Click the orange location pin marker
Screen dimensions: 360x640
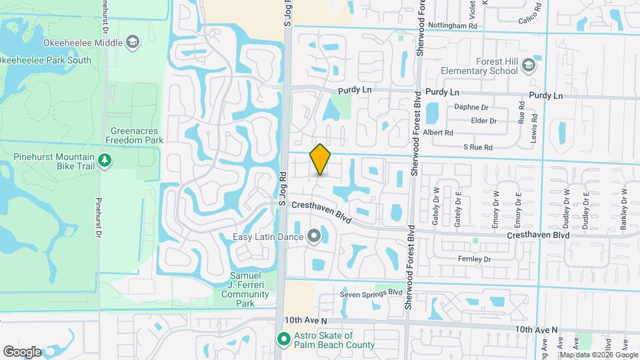click(321, 159)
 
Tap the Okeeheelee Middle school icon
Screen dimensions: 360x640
click(133, 43)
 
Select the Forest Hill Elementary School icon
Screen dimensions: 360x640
click(529, 65)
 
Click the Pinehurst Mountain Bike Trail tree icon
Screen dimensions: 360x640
click(104, 160)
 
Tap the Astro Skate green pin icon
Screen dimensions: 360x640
click(283, 340)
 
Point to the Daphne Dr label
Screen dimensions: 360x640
click(471, 107)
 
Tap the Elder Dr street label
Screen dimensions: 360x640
click(484, 121)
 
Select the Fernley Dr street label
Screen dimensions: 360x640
click(474, 259)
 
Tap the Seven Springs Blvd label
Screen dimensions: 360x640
click(372, 293)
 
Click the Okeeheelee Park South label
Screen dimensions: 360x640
click(45, 60)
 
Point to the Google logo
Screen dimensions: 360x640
click(22, 352)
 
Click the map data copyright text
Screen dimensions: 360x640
click(599, 355)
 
